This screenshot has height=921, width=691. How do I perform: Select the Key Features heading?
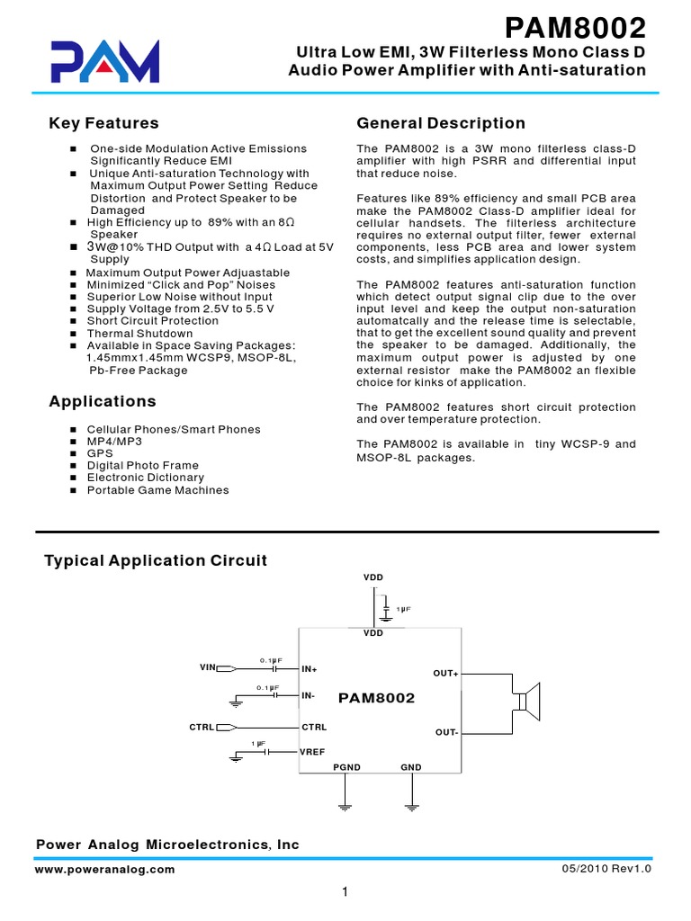point(103,123)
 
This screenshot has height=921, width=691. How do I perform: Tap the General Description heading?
point(441,123)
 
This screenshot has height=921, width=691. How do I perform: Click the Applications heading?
point(102,401)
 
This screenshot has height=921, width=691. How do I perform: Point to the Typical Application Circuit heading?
point(156,560)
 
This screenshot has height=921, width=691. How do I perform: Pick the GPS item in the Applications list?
point(100,454)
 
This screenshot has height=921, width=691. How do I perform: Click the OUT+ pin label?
point(445,674)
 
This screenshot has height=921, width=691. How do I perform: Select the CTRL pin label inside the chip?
point(314,727)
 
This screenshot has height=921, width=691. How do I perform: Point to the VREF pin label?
point(313,749)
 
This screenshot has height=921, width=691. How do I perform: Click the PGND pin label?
point(346,767)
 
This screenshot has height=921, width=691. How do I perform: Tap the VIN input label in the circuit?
point(208,667)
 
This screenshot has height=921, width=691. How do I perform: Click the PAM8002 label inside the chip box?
point(376,698)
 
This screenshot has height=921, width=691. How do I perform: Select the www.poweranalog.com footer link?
point(105,870)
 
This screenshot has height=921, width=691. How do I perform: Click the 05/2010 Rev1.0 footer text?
point(606,870)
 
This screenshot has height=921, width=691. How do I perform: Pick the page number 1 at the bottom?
point(345,892)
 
